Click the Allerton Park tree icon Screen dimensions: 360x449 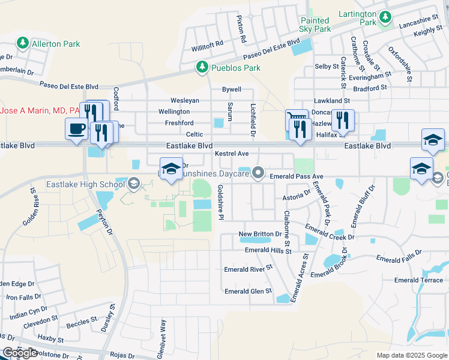[23, 43]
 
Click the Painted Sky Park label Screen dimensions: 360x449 [315, 25]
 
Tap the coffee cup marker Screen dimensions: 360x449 [76, 128]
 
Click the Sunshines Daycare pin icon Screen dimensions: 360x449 [259, 173]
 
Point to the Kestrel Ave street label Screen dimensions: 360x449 [231, 154]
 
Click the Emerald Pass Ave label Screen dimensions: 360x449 [297, 176]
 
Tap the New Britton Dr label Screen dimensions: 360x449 [260, 234]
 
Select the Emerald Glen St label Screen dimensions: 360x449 [248, 292]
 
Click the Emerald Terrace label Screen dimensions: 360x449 [418, 280]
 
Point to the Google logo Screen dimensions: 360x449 [20, 353]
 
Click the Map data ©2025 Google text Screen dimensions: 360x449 [411, 355]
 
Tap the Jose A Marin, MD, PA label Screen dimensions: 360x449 [40, 110]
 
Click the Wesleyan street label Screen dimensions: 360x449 [184, 100]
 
